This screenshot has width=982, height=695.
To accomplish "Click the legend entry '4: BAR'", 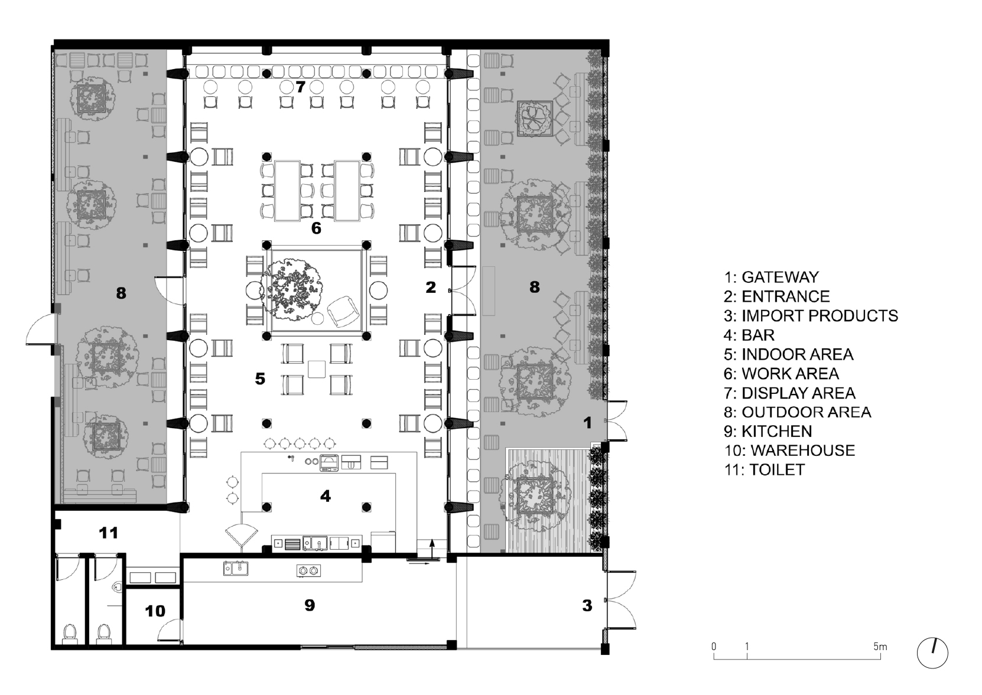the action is pyautogui.click(x=749, y=335).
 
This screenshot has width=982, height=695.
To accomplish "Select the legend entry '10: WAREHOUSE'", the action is pyautogui.click(x=789, y=451).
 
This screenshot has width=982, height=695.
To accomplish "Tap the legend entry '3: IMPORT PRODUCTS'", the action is pyautogui.click(x=811, y=316).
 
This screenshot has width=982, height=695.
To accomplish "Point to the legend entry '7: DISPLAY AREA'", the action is pyautogui.click(x=789, y=393).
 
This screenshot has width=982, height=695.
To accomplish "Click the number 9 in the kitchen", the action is pyautogui.click(x=310, y=605).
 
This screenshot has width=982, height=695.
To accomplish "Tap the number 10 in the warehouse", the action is pyautogui.click(x=155, y=611).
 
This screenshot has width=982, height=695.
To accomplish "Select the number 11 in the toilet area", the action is pyautogui.click(x=108, y=533).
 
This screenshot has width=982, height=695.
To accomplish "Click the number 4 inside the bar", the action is pyautogui.click(x=326, y=496).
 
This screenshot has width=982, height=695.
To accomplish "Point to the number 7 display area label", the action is pyautogui.click(x=300, y=87).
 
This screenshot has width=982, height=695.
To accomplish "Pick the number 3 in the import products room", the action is pyautogui.click(x=587, y=606).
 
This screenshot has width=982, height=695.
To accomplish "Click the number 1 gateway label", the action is pyautogui.click(x=588, y=423).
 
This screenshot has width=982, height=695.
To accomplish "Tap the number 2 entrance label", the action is pyautogui.click(x=431, y=287).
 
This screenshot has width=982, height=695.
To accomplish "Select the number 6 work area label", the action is pyautogui.click(x=316, y=228).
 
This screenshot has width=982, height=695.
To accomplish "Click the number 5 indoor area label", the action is pyautogui.click(x=260, y=379).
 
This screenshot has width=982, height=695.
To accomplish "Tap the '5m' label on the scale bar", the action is pyautogui.click(x=880, y=647).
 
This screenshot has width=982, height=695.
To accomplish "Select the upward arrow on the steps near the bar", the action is pyautogui.click(x=432, y=548).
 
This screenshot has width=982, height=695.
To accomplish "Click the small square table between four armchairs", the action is pyautogui.click(x=317, y=369).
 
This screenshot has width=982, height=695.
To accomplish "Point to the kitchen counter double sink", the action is pyautogui.click(x=236, y=569).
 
